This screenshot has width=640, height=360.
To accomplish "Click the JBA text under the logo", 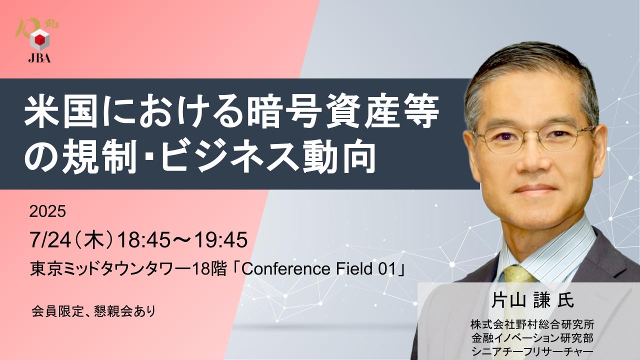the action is pyautogui.click(x=39, y=58).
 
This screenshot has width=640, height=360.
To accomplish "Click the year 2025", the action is pyautogui.click(x=47, y=211).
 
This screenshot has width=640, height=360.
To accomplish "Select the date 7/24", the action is pyautogui.click(x=50, y=240).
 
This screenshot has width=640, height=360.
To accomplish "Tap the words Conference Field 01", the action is pyautogui.click(x=319, y=269).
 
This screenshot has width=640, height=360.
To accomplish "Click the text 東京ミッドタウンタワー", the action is pyautogui.click(x=111, y=269).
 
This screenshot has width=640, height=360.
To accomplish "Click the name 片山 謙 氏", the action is pyautogui.click(x=532, y=301).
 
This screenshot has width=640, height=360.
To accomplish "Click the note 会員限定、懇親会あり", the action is pyautogui.click(x=93, y=311).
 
